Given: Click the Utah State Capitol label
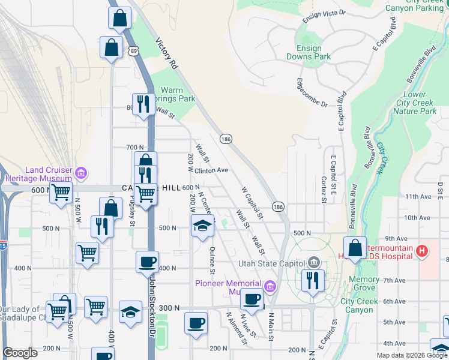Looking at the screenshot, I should tap(272, 263).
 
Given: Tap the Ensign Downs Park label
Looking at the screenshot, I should tap(313, 53).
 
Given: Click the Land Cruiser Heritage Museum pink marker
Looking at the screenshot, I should tap(81, 174).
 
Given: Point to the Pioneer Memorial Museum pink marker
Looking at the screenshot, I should tap(270, 287).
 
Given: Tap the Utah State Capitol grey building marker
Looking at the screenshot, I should tap(313, 262).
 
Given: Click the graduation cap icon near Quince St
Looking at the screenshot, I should tap(203, 226).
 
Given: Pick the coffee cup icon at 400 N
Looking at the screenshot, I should tap(148, 262).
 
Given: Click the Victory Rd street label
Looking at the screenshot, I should tap(167, 54).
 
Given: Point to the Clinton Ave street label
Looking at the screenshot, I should tap(211, 170).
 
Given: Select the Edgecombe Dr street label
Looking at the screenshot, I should tap(312, 92).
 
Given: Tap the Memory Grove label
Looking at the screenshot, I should tap(363, 284).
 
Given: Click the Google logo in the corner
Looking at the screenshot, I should tap(20, 353).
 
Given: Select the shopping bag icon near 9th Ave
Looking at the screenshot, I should tap(355, 248).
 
